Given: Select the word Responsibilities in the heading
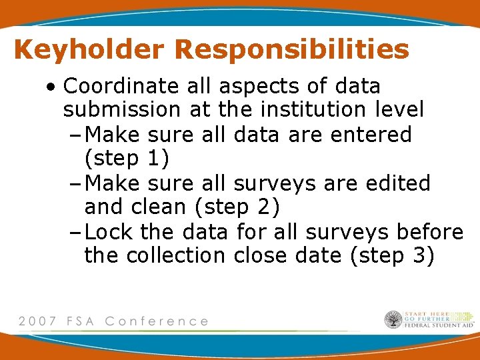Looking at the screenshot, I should click(x=293, y=49).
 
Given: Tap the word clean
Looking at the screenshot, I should click(x=157, y=207).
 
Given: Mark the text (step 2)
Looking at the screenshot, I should click(x=237, y=207).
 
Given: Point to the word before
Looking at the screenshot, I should click(x=429, y=232).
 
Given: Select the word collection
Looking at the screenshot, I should click(x=176, y=256).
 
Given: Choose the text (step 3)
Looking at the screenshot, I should click(x=391, y=256).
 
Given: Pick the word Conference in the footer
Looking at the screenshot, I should click(x=157, y=321).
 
